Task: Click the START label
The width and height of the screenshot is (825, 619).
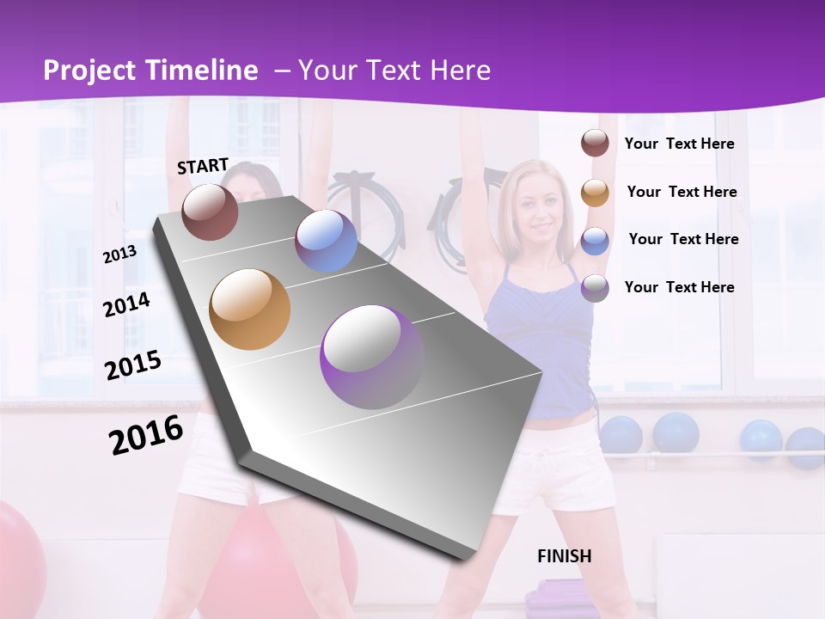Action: [x=203, y=166]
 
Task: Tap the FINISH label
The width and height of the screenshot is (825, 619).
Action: [x=565, y=556]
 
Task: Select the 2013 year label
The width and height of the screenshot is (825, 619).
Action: [x=119, y=254]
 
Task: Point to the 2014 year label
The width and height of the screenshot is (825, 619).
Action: [x=126, y=304]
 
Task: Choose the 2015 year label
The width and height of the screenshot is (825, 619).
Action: [x=132, y=365]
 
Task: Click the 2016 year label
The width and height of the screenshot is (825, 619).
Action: [x=146, y=435]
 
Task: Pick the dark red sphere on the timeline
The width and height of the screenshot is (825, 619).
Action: [x=210, y=212]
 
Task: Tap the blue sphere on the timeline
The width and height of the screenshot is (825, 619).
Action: [x=326, y=241]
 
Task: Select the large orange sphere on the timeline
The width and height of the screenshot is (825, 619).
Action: [x=249, y=309]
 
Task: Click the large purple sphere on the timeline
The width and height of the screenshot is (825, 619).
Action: [x=372, y=357]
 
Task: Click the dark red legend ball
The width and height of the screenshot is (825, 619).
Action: [x=595, y=144]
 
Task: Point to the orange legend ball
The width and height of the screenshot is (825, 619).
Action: [x=595, y=193]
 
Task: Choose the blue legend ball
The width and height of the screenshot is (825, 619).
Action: [x=595, y=241]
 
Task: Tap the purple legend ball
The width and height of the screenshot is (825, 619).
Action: [x=595, y=288]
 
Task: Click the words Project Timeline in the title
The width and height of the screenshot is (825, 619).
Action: [x=150, y=70]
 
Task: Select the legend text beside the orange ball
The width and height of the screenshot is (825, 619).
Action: [x=681, y=192]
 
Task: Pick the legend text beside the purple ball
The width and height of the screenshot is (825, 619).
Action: [x=679, y=287]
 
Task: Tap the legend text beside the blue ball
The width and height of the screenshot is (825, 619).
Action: [x=683, y=239]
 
